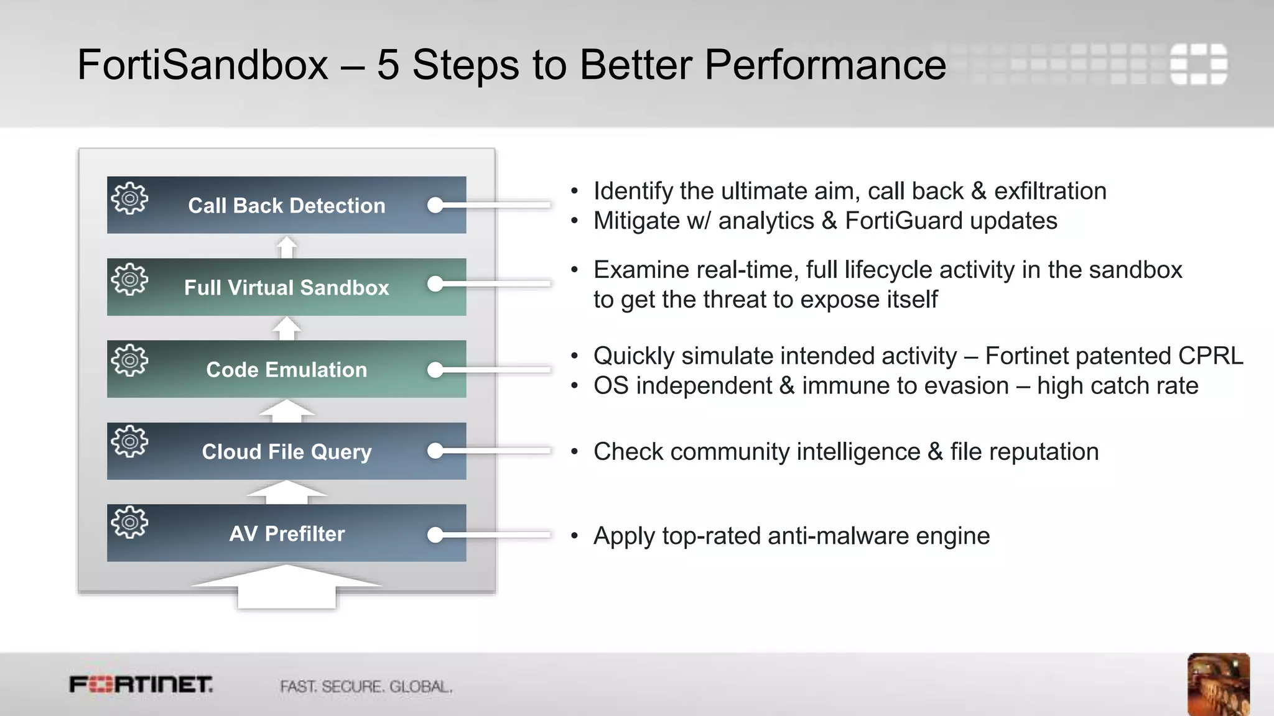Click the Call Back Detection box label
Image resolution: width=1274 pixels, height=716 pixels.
(286, 206)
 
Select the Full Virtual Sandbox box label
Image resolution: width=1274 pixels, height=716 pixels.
(286, 288)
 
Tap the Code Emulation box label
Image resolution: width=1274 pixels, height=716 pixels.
(286, 370)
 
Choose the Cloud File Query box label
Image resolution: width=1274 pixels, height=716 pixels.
(286, 452)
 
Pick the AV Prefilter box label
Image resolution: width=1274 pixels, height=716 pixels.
(286, 534)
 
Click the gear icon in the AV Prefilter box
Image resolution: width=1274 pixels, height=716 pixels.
(129, 523)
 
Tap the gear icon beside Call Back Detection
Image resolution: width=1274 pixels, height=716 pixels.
(129, 198)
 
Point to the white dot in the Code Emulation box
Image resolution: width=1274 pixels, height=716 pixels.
(435, 370)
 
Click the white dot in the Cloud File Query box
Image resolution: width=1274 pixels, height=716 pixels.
(435, 451)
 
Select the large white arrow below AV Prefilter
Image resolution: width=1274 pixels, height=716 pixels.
(286, 587)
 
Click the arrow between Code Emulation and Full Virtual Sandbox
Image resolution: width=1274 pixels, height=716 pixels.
(287, 328)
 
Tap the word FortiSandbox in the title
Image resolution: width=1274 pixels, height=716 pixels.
(202, 65)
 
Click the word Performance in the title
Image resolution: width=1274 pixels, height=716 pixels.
(825, 65)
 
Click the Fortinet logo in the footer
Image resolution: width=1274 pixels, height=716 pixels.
(141, 685)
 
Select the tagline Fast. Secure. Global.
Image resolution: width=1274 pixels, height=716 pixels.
(366, 687)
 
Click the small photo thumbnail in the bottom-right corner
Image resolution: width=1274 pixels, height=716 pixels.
(1218, 684)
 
